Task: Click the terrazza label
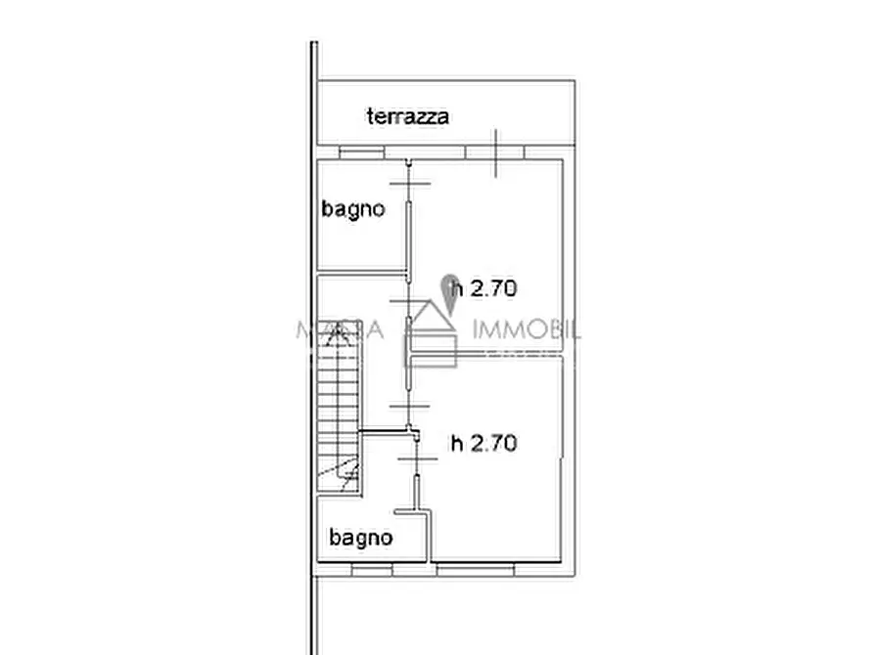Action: point(408,117)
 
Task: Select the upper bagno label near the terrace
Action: point(353,208)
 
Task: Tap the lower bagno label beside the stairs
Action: point(360,538)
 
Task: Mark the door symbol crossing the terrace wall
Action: point(497,153)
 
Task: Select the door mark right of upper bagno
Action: point(408,184)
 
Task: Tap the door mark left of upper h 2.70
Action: point(408,303)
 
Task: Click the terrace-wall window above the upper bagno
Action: point(362,153)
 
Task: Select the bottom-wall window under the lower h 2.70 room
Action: point(476,566)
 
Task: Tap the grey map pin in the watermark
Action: point(451,291)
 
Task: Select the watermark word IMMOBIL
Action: point(526,330)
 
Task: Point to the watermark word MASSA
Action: point(328,331)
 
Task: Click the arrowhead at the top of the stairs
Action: point(338,333)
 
